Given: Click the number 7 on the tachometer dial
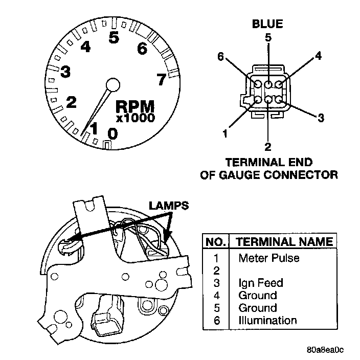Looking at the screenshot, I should [x=161, y=79].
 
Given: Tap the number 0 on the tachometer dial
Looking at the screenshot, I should [x=112, y=133].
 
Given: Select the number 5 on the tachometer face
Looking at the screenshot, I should [x=114, y=37].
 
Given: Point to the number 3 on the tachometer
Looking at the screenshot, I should [x=65, y=72].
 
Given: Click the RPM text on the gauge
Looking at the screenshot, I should [x=135, y=106].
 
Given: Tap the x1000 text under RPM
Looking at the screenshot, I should [x=135, y=118].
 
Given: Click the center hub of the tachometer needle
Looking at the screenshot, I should [x=112, y=84].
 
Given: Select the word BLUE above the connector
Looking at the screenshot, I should [x=267, y=24].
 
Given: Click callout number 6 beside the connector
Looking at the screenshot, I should [x=220, y=57].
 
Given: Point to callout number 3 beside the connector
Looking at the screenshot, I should [x=321, y=119].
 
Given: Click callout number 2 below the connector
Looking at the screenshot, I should [x=267, y=147].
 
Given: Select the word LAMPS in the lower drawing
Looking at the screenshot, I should [x=169, y=206].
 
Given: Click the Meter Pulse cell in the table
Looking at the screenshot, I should [x=268, y=258].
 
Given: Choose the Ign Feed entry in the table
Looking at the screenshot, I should [x=260, y=283].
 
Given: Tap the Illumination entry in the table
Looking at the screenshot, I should [x=267, y=321].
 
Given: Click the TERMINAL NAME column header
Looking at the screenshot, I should [x=282, y=242].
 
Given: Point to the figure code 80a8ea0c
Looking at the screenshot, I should [x=325, y=350].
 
